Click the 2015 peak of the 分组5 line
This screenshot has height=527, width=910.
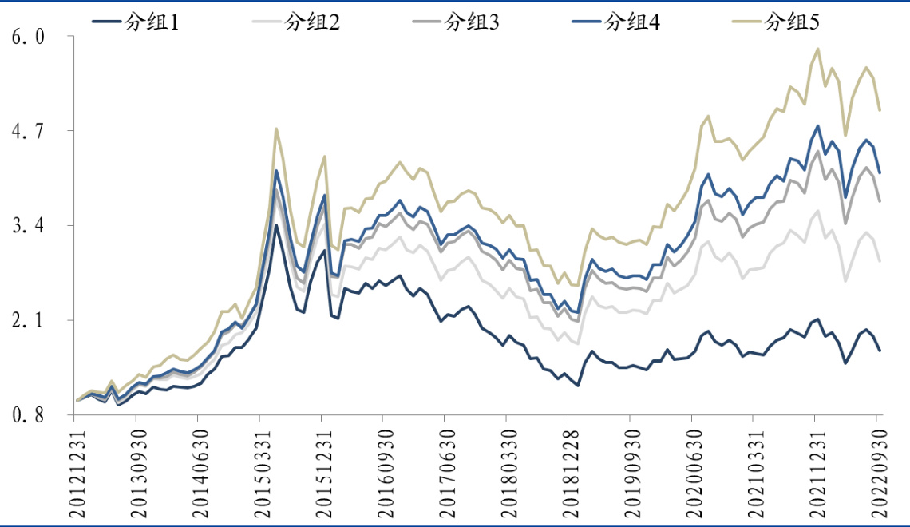coord(276,129)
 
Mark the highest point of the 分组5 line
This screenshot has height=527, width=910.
coord(817,49)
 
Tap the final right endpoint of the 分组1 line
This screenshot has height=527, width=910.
coord(880,351)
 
